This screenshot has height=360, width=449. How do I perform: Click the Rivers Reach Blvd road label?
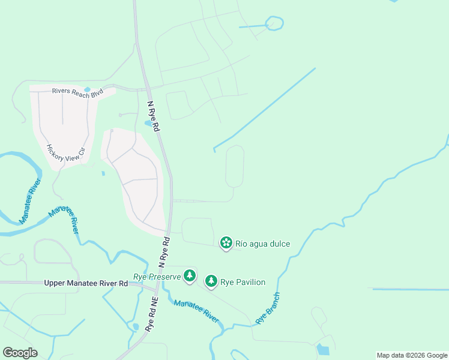77,92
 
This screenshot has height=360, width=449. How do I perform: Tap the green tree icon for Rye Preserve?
190,275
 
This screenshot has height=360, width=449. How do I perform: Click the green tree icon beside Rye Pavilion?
211,281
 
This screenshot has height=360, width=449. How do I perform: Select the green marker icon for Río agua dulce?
226,243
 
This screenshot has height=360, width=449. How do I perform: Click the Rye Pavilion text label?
243,282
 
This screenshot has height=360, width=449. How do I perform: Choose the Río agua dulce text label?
263,244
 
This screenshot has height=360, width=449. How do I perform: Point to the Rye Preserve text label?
157,277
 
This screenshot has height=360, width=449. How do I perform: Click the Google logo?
20,353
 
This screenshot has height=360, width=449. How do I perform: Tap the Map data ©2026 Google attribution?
411,355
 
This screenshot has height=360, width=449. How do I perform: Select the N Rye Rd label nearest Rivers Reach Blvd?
154,115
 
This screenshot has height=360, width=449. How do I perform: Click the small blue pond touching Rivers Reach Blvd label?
88,89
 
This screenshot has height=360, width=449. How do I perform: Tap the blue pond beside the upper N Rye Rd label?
148,124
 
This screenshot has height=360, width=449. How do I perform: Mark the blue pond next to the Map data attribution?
323,349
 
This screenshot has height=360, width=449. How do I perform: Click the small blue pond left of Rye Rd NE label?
136,327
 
